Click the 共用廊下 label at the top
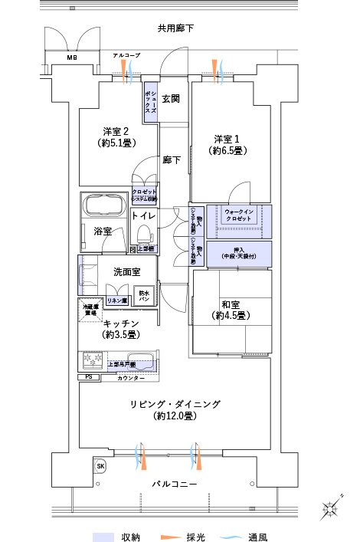pyautogui.click(x=175, y=28)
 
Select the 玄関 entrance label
pyautogui.click(x=170, y=98)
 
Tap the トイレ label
pyautogui.click(x=143, y=217)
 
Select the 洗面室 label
pyautogui.click(x=126, y=271)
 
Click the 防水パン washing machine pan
pyautogui.click(x=143, y=295)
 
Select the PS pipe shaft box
pyautogui.click(x=88, y=378)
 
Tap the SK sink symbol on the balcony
pyautogui.click(x=100, y=465)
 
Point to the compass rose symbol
pyautogui.click(x=332, y=509)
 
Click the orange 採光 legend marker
pyautogui.click(x=168, y=537)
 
